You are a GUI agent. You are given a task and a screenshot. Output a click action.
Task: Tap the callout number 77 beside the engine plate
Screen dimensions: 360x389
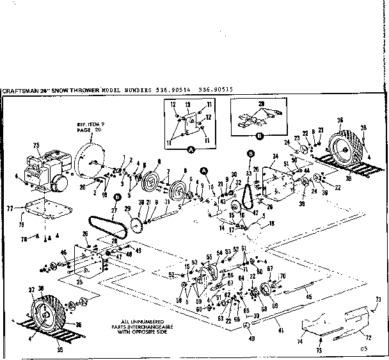[10, 208]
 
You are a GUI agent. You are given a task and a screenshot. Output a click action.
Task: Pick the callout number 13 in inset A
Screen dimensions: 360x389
[187, 104]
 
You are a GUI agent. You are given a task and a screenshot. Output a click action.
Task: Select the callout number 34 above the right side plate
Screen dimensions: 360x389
[274, 156]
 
